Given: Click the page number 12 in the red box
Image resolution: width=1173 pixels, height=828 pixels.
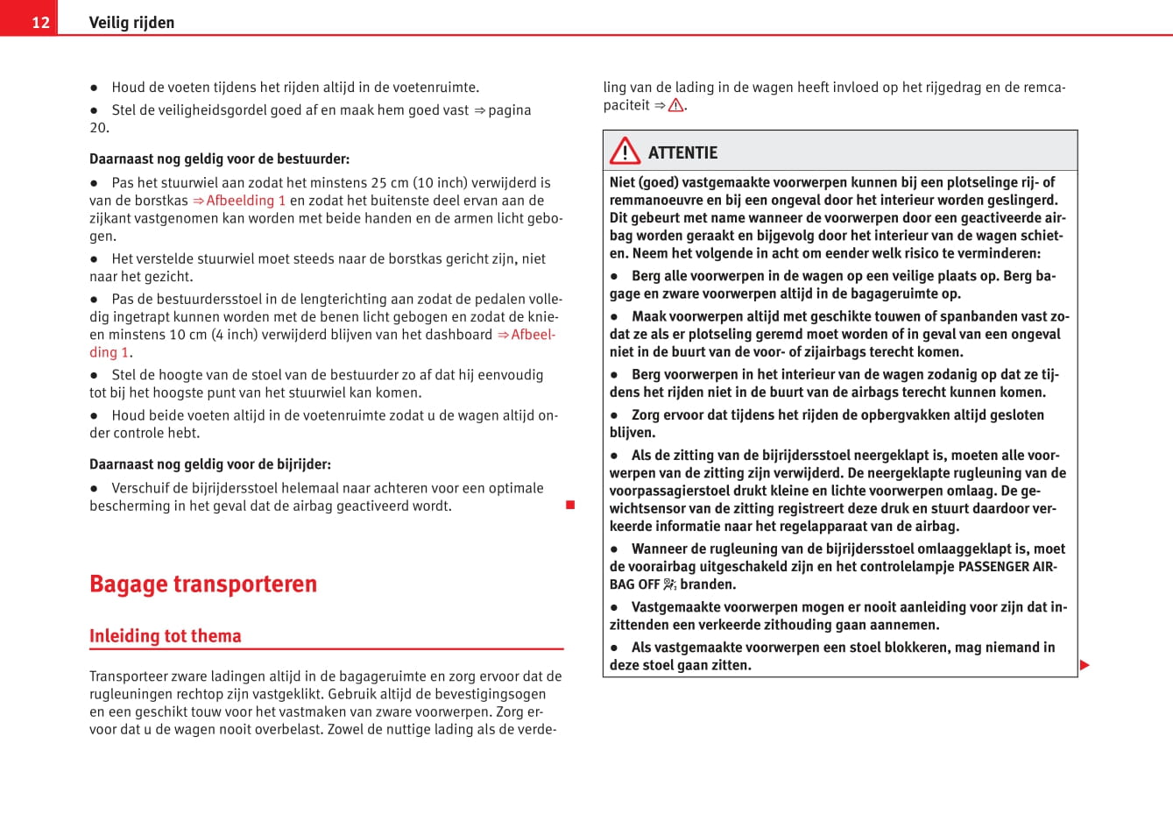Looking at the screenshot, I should pos(40,22).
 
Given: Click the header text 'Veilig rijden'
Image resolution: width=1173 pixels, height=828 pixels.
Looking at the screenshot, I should pos(131,22).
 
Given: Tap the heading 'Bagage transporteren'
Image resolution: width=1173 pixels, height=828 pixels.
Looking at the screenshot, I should pos(203,584).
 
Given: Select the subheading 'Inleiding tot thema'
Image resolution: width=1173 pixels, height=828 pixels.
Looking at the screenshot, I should pos(165,636).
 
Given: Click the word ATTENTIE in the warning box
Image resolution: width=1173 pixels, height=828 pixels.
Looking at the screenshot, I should pos(682,152).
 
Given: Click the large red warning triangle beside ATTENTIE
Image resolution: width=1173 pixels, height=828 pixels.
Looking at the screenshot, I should pos(625,152).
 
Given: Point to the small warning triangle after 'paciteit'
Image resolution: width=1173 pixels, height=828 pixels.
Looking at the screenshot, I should pos(675,105).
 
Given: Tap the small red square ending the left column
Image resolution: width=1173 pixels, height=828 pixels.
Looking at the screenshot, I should pos(570,505).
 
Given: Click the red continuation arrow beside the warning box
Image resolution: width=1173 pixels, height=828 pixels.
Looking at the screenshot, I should pos(1085,665).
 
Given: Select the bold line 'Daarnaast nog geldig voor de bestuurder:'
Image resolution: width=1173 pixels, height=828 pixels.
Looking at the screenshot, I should pos(219,159).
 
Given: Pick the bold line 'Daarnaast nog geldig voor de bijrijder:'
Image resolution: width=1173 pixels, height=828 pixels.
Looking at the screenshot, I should pos(210,464).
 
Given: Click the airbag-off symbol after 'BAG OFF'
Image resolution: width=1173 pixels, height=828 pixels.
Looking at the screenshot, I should pos(669,584).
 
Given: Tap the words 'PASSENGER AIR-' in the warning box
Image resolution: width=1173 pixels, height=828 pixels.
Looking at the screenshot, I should pos(1007,567).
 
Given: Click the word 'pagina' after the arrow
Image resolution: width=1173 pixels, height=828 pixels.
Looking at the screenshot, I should pos(509,110).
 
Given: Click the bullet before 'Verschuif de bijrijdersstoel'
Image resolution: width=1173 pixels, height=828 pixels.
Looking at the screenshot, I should pos(94,489).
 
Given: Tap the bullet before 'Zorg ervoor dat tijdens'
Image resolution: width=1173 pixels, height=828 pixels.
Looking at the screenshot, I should pos(614,415).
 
